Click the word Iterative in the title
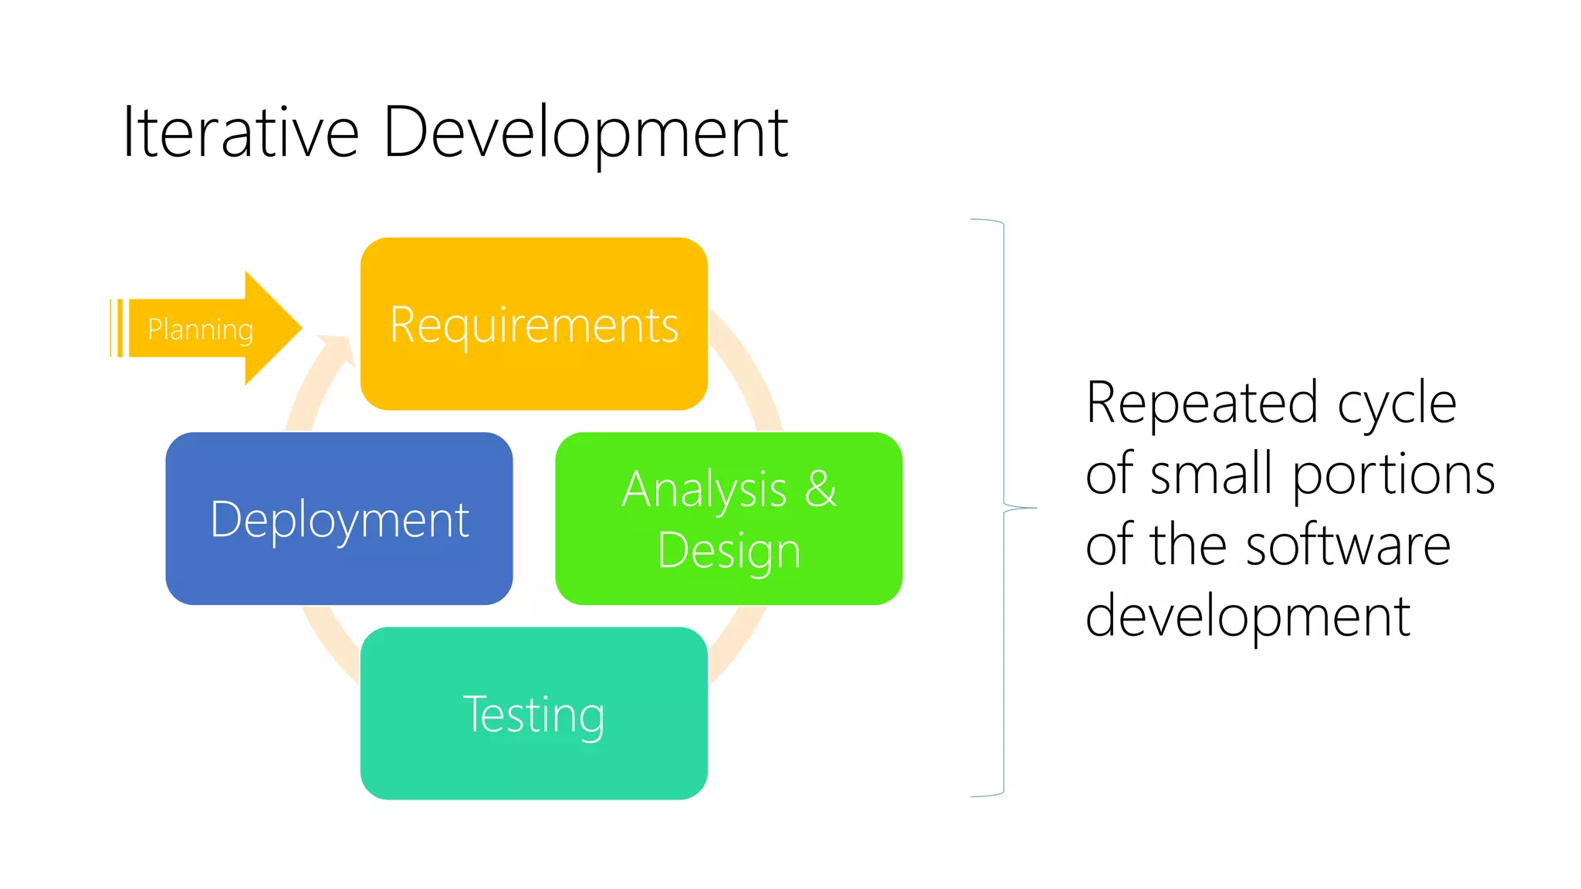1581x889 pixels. (x=240, y=133)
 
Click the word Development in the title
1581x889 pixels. (x=585, y=133)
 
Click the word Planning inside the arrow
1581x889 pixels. (x=200, y=330)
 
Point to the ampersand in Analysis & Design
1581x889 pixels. (x=821, y=488)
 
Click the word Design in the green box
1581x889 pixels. (x=729, y=551)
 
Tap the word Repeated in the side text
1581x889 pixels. (x=1201, y=403)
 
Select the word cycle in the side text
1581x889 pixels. (x=1396, y=403)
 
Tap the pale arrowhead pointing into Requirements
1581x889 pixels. (x=340, y=347)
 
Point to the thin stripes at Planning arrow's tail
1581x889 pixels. (x=117, y=328)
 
